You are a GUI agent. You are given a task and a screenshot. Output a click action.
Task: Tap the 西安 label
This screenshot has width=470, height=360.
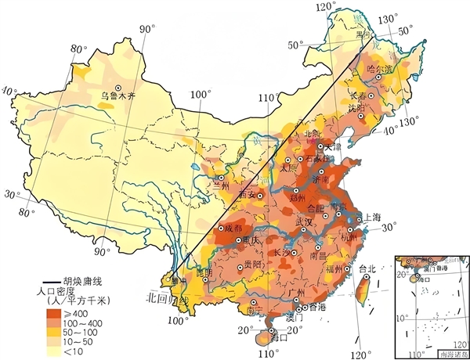[x=248, y=193]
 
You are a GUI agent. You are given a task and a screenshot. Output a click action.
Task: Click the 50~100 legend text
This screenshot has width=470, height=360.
[x=92, y=332]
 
